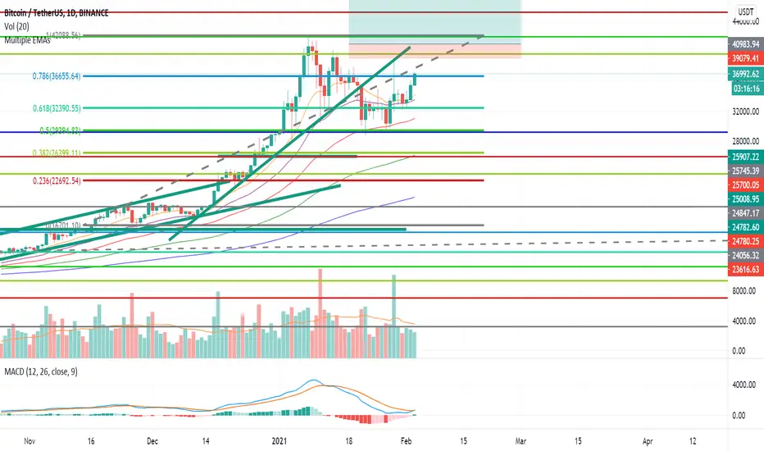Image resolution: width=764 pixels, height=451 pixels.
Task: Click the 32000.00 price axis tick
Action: pyautogui.click(x=744, y=111)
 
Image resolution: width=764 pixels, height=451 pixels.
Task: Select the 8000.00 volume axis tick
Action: pyautogui.click(x=744, y=290)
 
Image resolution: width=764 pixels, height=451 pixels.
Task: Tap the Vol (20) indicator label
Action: pyautogui.click(x=16, y=28)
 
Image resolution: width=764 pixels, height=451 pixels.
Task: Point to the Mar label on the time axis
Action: pyautogui.click(x=520, y=440)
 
